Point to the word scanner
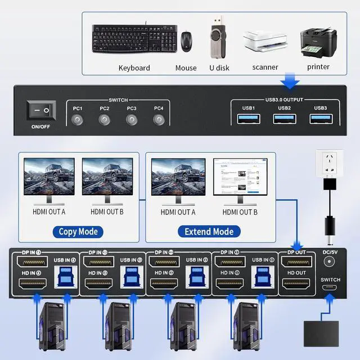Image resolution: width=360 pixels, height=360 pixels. click(x=265, y=67)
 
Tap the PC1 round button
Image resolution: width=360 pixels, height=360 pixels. click(x=78, y=119)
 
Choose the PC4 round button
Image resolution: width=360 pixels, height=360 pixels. click(x=159, y=119)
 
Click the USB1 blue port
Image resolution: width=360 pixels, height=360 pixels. click(x=249, y=119)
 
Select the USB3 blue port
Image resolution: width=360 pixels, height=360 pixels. click(x=320, y=119)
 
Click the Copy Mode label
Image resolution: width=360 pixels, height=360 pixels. click(x=79, y=231)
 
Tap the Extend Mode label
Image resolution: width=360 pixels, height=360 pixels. click(x=209, y=231)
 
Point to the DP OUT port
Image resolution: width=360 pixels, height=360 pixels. click(x=296, y=263)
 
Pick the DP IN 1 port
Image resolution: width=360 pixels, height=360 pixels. click(x=231, y=263)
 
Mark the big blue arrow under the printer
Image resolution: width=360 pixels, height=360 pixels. click(x=290, y=82)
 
